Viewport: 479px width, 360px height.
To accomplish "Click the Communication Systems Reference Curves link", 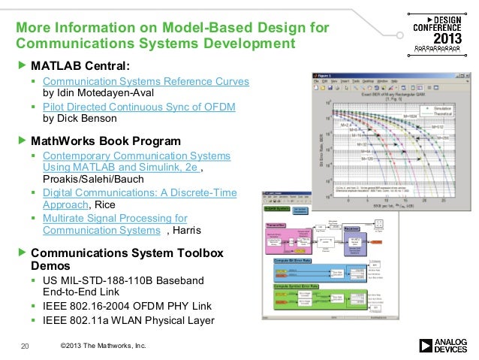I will [x=146, y=81].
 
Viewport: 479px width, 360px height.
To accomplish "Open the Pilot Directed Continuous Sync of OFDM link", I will [x=139, y=107].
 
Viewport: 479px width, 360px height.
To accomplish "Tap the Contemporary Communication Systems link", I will [x=137, y=156].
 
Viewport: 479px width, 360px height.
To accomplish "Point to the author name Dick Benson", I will [x=79, y=118].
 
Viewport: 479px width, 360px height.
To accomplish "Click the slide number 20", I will [x=25, y=346].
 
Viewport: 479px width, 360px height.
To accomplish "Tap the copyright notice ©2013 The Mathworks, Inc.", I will [x=102, y=345].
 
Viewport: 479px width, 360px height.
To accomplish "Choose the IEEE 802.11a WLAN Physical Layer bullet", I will [x=128, y=321].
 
